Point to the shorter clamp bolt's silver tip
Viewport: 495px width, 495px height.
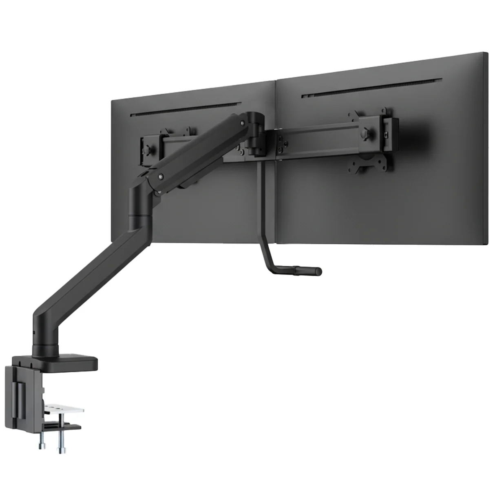click(42, 446)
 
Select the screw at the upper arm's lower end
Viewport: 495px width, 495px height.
click(161, 177)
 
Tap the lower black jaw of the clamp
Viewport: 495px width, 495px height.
click(61, 428)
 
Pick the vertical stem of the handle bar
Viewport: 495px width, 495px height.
click(261, 212)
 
